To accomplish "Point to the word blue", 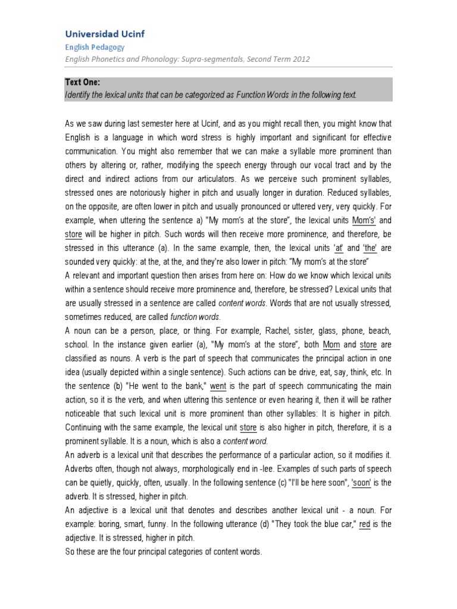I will [x=321, y=524].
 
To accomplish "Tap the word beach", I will [x=379, y=331].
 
